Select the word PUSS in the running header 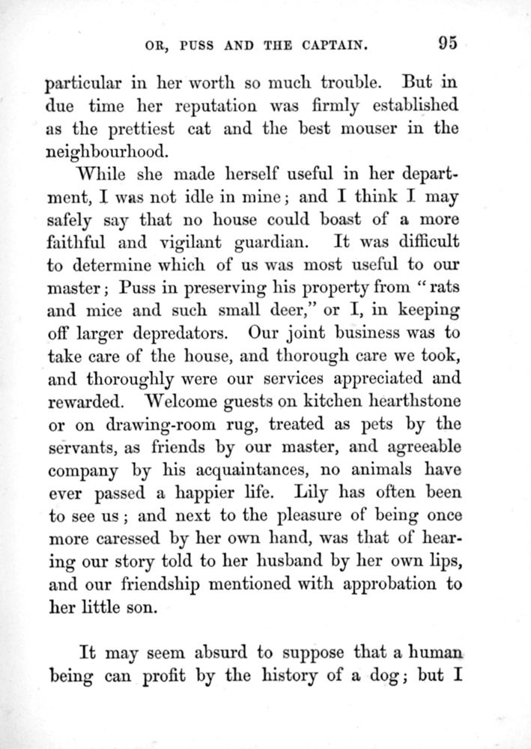coord(197,45)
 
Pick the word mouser coord(367,128)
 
